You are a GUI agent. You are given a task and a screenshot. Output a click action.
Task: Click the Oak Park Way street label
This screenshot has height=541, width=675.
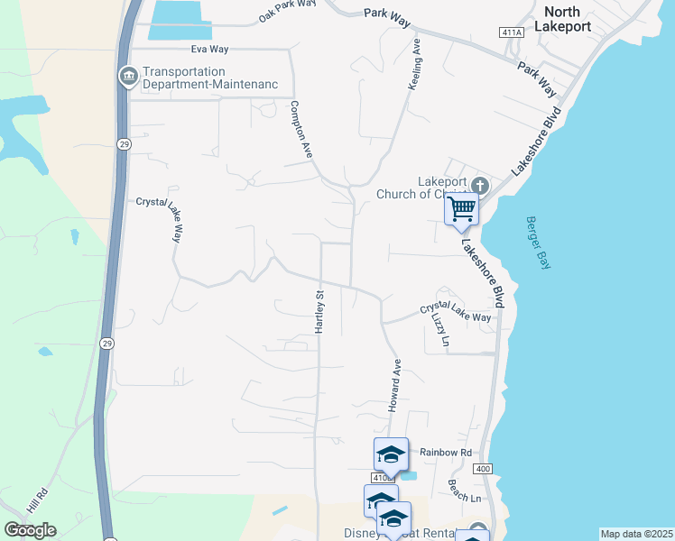(288, 10)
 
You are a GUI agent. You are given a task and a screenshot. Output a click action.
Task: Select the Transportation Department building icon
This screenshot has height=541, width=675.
(127, 77)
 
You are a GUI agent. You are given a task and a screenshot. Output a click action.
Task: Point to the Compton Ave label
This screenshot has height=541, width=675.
(301, 130)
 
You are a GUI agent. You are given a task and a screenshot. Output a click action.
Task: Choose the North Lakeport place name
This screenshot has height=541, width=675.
(562, 19)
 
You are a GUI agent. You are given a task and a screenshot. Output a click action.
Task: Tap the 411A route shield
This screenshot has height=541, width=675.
(511, 32)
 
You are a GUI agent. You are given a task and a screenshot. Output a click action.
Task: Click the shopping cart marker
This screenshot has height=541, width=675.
(462, 209)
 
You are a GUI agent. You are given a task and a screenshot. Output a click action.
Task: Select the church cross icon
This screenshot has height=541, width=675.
(478, 188)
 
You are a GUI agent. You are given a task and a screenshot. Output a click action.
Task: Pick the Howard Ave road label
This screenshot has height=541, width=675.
(395, 385)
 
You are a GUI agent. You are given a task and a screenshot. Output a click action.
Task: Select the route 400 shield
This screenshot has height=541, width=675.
(483, 469)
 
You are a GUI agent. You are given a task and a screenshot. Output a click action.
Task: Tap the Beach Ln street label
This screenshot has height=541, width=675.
(465, 491)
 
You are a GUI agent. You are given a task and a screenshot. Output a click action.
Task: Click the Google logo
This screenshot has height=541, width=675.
(30, 529)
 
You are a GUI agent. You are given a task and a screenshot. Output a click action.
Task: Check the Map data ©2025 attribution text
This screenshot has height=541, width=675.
(636, 534)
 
